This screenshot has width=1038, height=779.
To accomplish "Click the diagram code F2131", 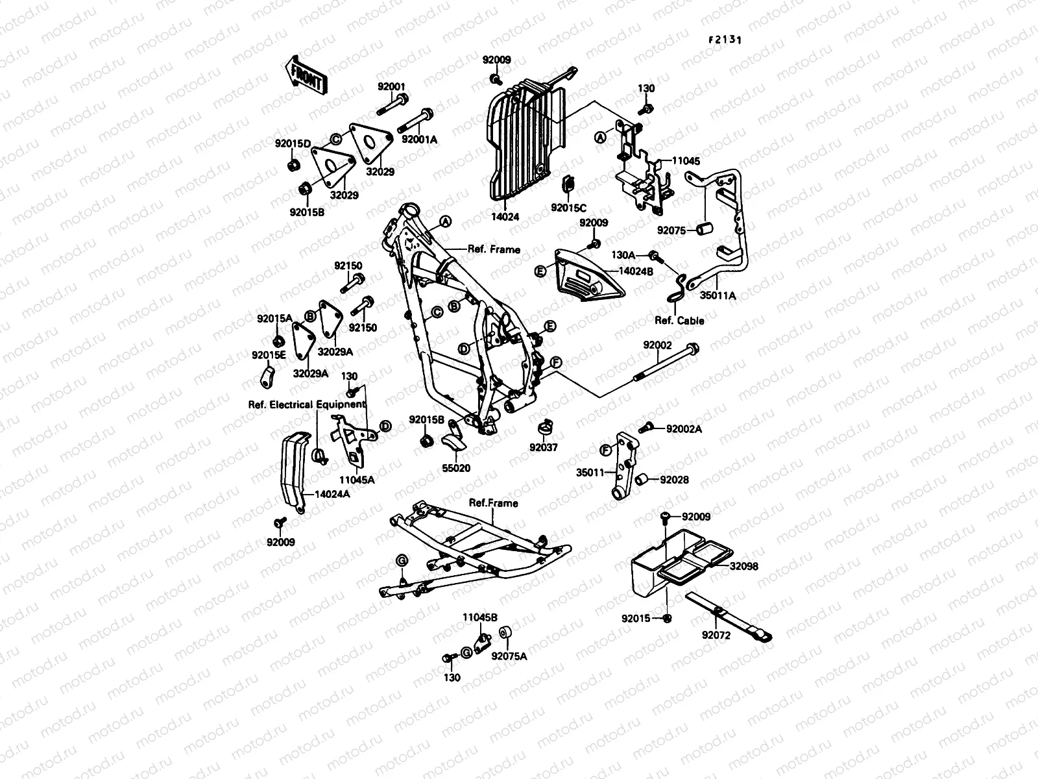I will [x=725, y=39].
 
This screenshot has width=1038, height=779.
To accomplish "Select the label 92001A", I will [x=420, y=140].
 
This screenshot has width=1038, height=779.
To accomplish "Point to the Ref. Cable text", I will [x=679, y=321].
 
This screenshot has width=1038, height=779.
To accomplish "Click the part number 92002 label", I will [x=658, y=345].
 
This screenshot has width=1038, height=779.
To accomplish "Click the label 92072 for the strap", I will [x=716, y=636].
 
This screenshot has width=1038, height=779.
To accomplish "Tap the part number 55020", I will [x=456, y=468].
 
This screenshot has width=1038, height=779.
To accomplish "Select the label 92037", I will [x=543, y=448].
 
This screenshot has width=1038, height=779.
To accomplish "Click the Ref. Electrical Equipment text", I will [x=307, y=404].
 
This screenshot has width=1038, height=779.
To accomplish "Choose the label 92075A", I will [x=509, y=656].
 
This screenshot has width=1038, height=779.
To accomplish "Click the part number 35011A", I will [x=718, y=295].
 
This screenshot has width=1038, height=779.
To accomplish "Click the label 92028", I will [x=675, y=480].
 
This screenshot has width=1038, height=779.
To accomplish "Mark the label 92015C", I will [x=569, y=208].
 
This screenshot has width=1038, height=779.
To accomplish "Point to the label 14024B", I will [x=636, y=272].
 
